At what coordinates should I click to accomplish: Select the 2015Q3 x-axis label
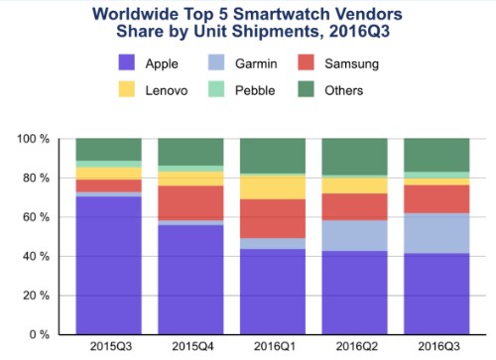108,346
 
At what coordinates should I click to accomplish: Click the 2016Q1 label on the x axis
272,346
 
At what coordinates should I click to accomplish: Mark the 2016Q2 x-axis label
354,346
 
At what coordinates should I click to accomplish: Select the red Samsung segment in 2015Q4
190,202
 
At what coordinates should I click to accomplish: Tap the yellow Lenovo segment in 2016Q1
272,187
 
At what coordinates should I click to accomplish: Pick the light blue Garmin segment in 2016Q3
435,233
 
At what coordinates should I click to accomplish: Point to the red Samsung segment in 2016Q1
272,218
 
